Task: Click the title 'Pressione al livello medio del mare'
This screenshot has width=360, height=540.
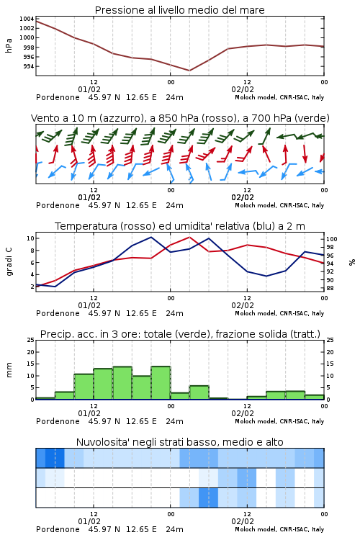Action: [179, 10]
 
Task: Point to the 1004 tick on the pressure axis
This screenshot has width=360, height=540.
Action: [27, 19]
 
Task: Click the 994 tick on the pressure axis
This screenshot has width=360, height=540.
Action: [29, 66]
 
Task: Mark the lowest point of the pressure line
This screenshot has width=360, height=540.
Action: [189, 71]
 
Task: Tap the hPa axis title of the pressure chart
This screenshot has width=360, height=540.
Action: [9, 45]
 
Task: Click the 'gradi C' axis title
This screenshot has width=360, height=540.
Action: [9, 262]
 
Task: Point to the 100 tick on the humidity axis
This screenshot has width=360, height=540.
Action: [332, 239]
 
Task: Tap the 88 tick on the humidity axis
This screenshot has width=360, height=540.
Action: [330, 288]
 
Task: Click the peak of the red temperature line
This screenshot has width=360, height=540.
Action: [189, 237]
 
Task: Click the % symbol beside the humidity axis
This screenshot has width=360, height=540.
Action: [352, 262]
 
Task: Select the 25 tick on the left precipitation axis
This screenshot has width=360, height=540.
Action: [31, 340]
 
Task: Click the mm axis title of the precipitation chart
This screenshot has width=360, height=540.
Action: [9, 370]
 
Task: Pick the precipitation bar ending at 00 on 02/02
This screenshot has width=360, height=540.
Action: [315, 397]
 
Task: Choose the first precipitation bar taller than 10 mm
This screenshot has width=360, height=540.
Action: [84, 387]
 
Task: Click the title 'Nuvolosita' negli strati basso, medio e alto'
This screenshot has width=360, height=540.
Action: [179, 442]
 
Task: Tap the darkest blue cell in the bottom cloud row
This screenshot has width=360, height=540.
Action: [208, 498]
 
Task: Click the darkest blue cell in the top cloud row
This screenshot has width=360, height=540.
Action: [55, 458]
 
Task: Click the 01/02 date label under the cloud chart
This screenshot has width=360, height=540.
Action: [89, 521]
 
